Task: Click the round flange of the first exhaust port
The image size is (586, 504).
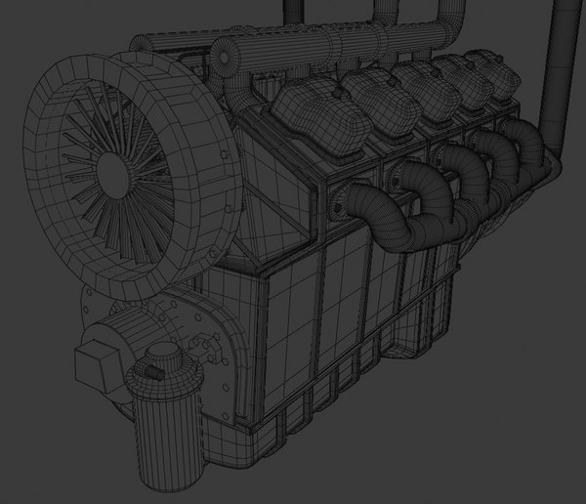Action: click(342, 205)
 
